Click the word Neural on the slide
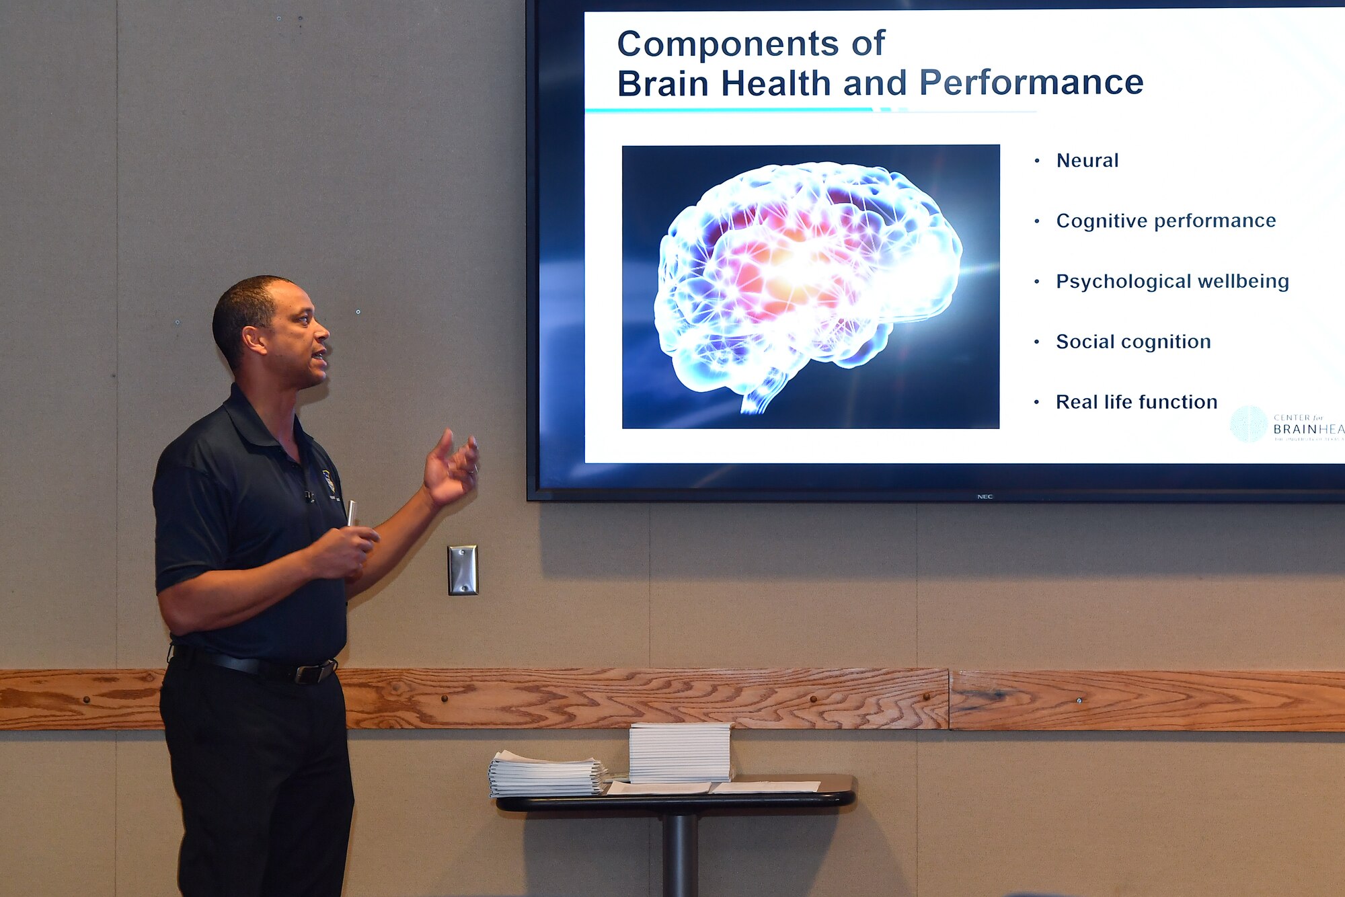click(x=1087, y=161)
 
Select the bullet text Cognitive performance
click(x=1165, y=221)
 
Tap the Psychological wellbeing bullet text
click(x=1172, y=282)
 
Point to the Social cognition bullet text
click(x=1133, y=342)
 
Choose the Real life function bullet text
click(x=1137, y=402)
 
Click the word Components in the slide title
click(x=727, y=44)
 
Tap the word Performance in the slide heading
click(x=1031, y=83)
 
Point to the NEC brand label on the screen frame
click(x=985, y=497)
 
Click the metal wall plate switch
click(x=463, y=570)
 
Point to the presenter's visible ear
click(x=254, y=339)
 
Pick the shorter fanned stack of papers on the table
click(x=545, y=775)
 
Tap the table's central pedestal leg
click(x=679, y=854)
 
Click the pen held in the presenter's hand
click(x=352, y=514)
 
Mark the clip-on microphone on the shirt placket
click(x=309, y=497)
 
